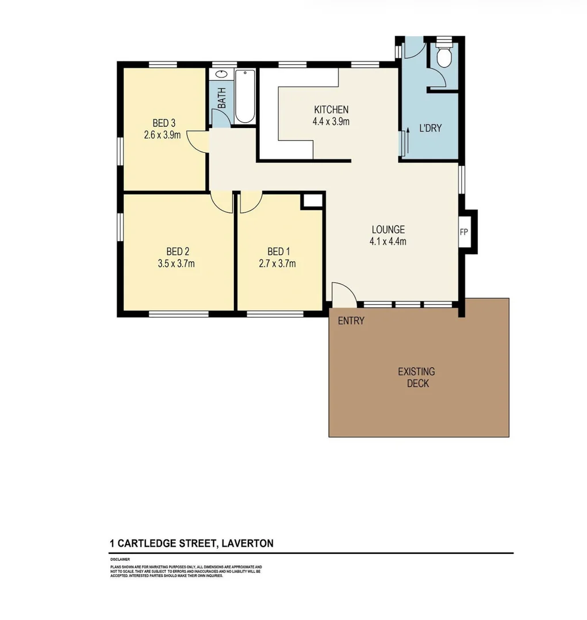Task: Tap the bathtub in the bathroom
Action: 244,96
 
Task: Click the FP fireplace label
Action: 464,232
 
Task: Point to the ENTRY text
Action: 351,321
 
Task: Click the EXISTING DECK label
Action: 417,377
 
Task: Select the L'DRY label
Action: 430,128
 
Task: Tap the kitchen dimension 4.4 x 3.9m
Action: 331,121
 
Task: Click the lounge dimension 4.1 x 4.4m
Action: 388,241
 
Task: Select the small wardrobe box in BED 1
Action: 313,201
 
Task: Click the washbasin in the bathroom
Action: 221,75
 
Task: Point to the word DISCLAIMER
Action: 120,559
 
